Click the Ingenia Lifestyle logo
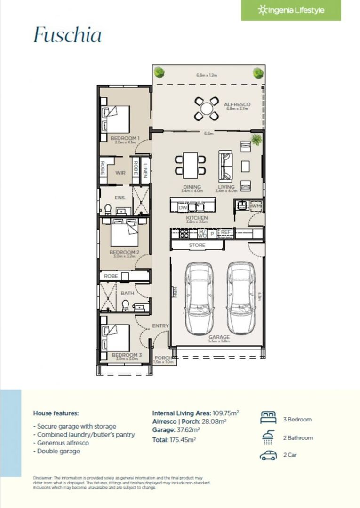[291, 10]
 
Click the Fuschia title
[67, 36]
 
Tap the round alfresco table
[207, 108]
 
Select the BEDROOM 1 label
[125, 138]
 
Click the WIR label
[120, 173]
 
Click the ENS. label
[120, 198]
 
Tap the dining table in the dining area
[191, 164]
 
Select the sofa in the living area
[225, 165]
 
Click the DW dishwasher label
[183, 206]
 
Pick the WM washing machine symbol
[256, 206]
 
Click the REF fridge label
[226, 232]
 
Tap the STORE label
[197, 246]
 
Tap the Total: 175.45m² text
[174, 439]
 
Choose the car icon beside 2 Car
[268, 455]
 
